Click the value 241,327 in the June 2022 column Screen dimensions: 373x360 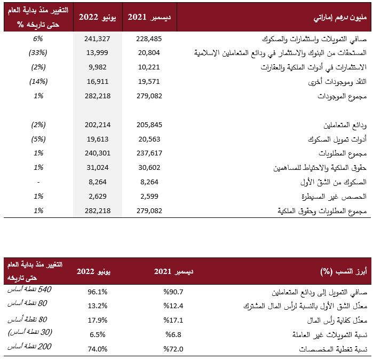coord(97,38)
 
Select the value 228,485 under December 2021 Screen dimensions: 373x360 coord(149,38)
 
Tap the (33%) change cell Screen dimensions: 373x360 coord(38,53)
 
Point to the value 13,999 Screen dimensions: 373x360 coord(97,53)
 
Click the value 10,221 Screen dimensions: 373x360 coord(149,67)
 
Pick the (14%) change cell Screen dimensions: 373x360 coord(38,82)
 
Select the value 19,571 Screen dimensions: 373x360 coord(149,82)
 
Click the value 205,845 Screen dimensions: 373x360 coord(149,125)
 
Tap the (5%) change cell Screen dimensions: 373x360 coord(38,139)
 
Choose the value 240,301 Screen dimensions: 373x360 coord(98,153)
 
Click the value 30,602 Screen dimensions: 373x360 coord(149,168)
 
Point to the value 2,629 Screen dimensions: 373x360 coord(98,197)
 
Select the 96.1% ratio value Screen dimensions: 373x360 coord(98,292)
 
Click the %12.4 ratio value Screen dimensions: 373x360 coord(173,306)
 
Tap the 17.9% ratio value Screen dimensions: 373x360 coord(98,320)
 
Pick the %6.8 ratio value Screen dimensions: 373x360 coord(173,334)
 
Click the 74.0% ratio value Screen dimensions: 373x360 coord(98,349)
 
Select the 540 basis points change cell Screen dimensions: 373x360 coord(29,289)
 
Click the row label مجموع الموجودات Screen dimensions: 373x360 coord(342,96)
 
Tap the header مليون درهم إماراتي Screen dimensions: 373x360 coord(340,18)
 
